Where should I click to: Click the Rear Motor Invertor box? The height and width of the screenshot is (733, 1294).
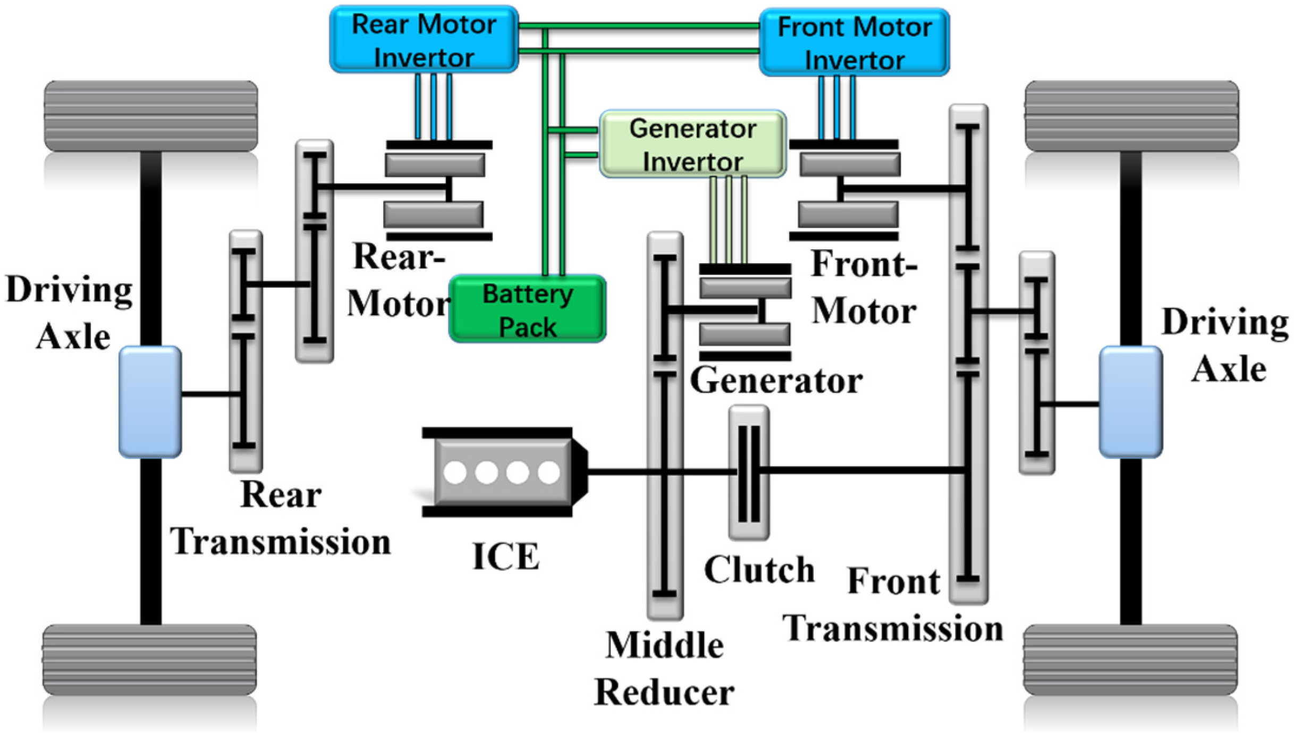click(424, 40)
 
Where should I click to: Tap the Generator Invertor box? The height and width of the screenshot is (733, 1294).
click(692, 144)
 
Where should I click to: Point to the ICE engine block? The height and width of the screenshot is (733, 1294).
click(502, 472)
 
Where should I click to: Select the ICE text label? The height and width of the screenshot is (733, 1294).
click(506, 557)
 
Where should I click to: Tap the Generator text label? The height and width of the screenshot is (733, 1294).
click(775, 381)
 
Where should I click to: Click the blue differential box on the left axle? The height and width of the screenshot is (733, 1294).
click(150, 402)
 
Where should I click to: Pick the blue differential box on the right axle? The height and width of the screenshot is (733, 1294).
click(1130, 402)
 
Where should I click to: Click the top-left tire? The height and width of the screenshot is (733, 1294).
click(150, 116)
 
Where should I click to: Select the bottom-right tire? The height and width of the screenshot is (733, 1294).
click(1130, 660)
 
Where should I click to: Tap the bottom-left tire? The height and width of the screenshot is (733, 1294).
click(149, 660)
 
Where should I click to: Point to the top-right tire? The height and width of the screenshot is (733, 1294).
click(1131, 116)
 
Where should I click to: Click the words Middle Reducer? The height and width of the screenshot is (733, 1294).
click(664, 669)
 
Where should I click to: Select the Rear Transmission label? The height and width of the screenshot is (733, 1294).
click(281, 518)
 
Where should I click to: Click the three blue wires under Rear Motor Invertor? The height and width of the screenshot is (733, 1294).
click(434, 106)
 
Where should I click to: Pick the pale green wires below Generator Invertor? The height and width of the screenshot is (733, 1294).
click(729, 219)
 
